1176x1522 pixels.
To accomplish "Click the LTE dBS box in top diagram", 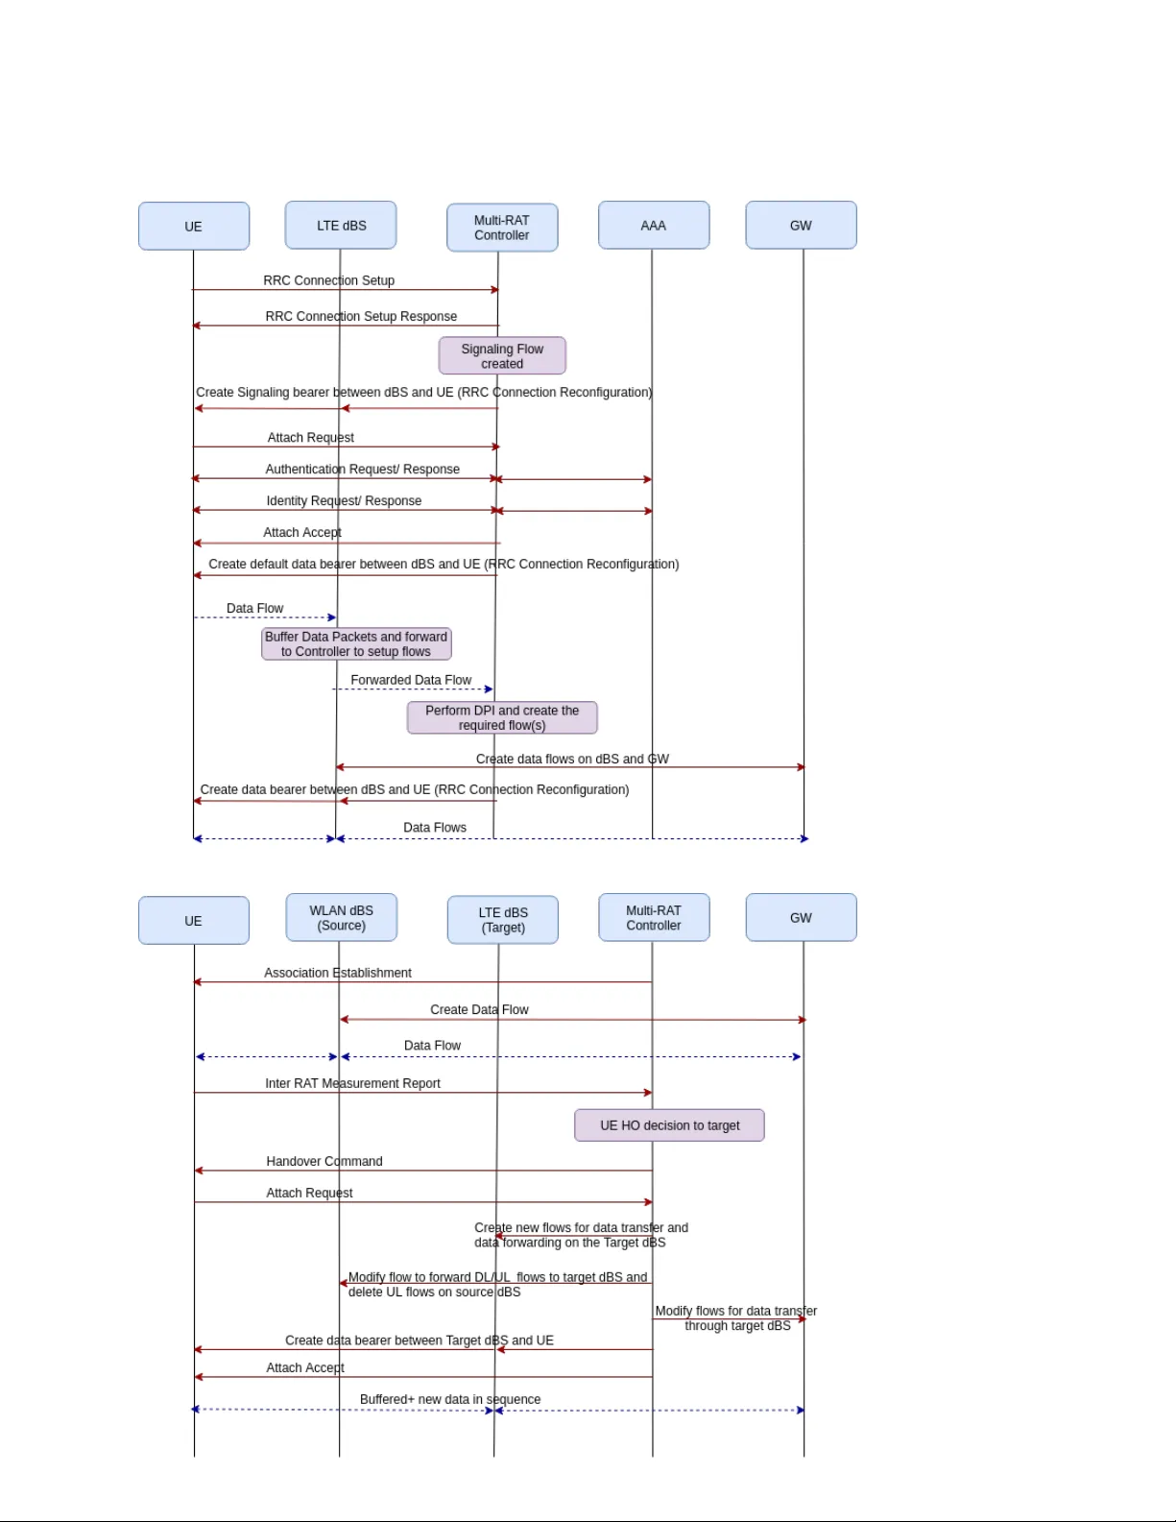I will (x=341, y=226).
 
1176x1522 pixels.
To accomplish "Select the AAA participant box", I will (x=654, y=226).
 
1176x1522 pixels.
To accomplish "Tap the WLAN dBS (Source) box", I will (x=341, y=918).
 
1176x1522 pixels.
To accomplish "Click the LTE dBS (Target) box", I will (x=502, y=920).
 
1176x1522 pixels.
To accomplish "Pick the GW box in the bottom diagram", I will (x=801, y=918).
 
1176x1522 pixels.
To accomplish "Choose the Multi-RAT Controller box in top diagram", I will (x=502, y=228).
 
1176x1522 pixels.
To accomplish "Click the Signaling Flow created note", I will (x=502, y=356).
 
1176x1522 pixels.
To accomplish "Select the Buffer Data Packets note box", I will (x=356, y=644).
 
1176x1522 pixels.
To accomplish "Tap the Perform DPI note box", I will (x=502, y=718).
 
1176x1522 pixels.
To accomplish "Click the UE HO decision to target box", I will (x=669, y=1125).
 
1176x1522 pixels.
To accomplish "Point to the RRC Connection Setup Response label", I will (x=361, y=316).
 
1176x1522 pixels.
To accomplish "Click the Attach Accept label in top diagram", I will (x=302, y=532).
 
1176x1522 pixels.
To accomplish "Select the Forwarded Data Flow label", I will (x=411, y=680).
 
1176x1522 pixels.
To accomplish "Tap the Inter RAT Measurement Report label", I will (x=352, y=1083).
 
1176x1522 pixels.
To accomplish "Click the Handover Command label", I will (x=324, y=1161).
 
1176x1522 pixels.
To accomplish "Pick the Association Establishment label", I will (x=338, y=973).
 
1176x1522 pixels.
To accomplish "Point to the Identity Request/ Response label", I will (x=344, y=500).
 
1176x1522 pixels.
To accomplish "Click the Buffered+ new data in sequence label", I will (x=450, y=1399).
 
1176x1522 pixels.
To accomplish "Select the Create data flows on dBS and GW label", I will (x=572, y=759).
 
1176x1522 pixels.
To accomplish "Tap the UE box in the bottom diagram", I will (x=194, y=921).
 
